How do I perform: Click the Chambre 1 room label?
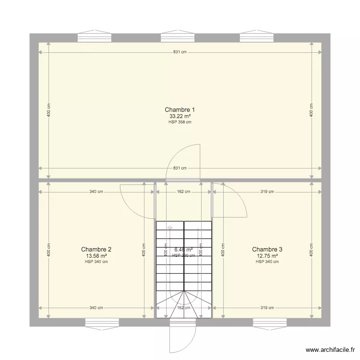tap(180, 109)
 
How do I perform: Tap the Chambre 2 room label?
tap(96, 249)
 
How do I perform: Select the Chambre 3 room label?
tap(267, 249)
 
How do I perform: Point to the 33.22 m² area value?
tap(180, 116)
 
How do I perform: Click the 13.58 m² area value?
tap(96, 256)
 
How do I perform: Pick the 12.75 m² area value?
tap(267, 256)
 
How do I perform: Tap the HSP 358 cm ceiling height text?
tap(180, 122)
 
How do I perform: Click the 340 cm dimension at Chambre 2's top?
tap(96, 192)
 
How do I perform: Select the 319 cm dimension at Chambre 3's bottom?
tap(267, 308)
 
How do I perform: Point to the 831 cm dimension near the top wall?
tap(180, 52)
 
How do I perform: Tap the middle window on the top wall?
tap(177, 37)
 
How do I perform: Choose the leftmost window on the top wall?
tap(94, 37)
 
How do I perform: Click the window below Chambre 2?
tap(102, 324)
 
